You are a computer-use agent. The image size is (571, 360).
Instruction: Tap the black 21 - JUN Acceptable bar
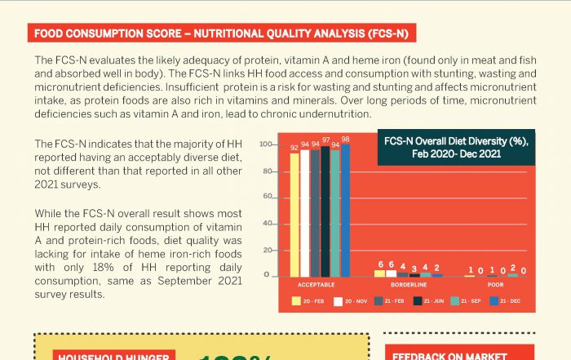(325, 211)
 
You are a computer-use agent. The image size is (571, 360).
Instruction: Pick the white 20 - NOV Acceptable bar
(305, 213)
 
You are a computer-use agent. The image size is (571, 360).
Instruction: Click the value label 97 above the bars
(325, 140)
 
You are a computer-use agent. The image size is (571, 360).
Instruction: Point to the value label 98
(345, 139)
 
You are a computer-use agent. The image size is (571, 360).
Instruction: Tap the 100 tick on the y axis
(264, 145)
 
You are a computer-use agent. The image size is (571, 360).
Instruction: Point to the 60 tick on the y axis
(266, 197)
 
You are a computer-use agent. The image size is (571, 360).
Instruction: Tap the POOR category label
(496, 284)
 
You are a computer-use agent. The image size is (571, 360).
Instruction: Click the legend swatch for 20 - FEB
(297, 301)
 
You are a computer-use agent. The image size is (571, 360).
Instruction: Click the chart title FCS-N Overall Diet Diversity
(458, 147)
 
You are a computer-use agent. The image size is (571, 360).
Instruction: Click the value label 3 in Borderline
(414, 267)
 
